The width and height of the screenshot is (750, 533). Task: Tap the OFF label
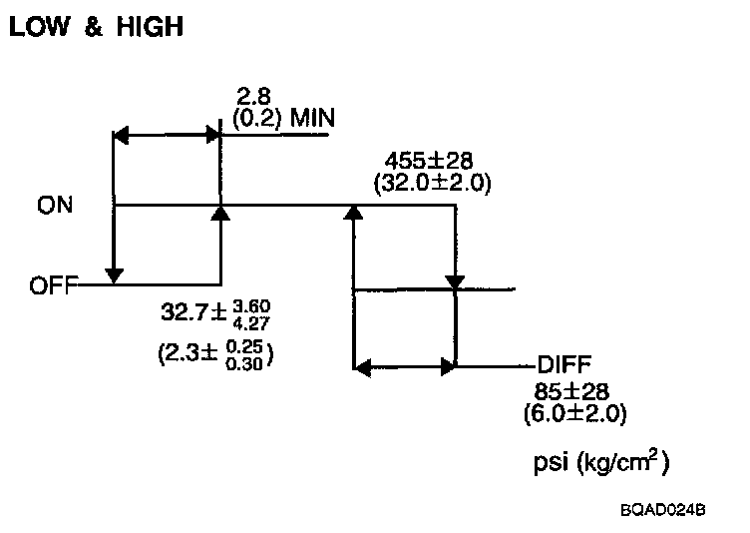coord(53,285)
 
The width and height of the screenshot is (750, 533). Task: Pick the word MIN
coord(310,120)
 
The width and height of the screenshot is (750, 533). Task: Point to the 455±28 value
coord(430,162)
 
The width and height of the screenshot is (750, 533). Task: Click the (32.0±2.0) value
coord(431,184)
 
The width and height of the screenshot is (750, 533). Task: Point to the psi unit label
coord(554,464)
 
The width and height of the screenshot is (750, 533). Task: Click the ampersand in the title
coord(91,28)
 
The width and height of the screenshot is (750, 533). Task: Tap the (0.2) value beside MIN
coord(255,120)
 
